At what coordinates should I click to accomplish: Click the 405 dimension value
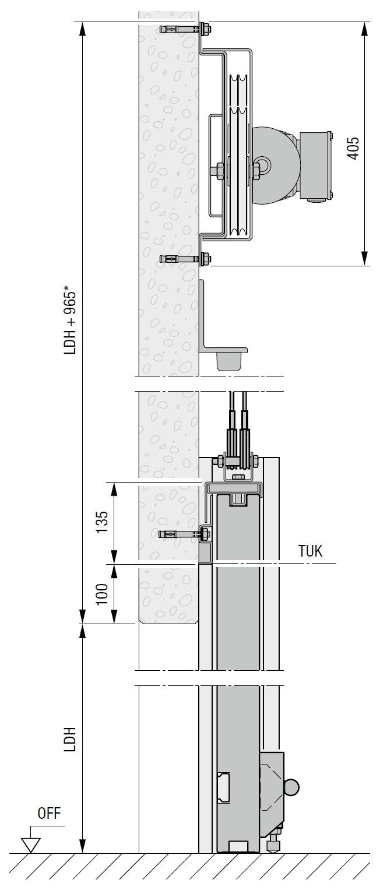pos(353,148)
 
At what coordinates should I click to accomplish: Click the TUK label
pos(310,551)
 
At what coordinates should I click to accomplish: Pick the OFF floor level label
pos(49,814)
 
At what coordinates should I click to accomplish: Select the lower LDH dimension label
pos(71,738)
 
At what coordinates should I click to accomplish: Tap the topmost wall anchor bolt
pos(181,28)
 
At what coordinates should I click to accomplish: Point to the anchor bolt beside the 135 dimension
pos(181,534)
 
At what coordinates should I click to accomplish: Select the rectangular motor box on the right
pos(315,167)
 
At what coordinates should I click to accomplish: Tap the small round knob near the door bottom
pos(291,787)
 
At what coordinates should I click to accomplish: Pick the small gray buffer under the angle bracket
pos(228,361)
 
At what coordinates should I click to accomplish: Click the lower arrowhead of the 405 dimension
pos(365,259)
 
